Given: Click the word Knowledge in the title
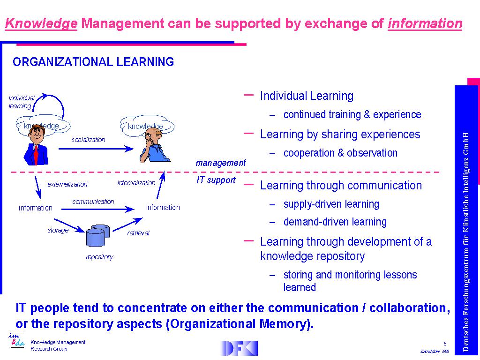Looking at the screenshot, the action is [41, 23].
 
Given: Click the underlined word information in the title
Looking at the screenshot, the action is [425, 23].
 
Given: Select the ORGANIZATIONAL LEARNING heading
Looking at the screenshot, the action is [93, 62].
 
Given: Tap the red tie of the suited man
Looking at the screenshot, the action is [36, 155].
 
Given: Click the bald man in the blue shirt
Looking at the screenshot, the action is [155, 146].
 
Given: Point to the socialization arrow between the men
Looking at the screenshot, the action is [96, 149].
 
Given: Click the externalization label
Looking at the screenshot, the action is [67, 184].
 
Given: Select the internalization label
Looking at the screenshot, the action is [136, 183].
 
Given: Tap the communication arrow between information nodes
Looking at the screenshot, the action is [97, 210].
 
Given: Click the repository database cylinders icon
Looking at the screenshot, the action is [98, 235].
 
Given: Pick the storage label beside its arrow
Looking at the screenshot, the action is [58, 230].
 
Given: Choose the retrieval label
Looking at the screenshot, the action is [138, 233].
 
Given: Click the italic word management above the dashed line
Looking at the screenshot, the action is [221, 163].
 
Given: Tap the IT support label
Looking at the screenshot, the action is [216, 180].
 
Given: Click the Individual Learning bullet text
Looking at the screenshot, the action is [307, 96].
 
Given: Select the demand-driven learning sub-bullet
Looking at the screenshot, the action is [335, 222].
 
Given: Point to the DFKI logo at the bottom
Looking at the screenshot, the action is [239, 348].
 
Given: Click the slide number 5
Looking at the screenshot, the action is [445, 344].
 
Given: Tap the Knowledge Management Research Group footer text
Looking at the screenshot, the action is [58, 345].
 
